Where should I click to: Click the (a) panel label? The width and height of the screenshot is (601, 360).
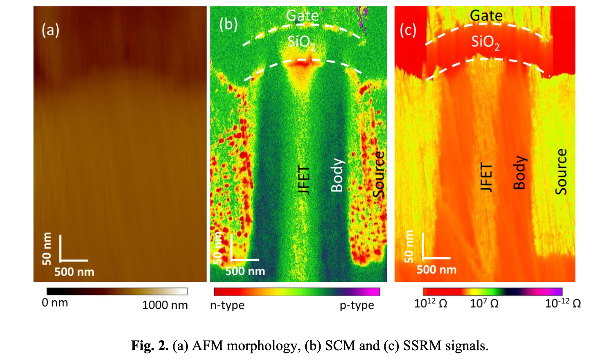click(50, 30)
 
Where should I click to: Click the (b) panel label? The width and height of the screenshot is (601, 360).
click(228, 25)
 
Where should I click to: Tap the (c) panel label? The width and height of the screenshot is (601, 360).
click(408, 30)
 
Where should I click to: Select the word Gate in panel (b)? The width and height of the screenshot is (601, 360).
click(302, 16)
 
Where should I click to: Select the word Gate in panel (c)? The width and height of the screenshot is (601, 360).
click(486, 16)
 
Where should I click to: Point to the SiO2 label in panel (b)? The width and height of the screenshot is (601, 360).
click(301, 42)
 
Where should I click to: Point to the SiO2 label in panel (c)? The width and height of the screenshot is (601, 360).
click(485, 42)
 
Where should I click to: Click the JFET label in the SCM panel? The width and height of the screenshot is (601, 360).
click(303, 179)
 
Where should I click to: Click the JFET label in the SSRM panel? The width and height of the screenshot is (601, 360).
click(486, 177)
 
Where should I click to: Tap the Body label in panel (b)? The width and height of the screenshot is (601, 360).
click(337, 175)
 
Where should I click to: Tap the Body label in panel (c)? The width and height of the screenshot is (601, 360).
click(520, 172)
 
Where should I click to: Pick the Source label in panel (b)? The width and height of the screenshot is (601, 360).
click(380, 174)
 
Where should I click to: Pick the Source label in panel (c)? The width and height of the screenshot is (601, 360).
click(561, 171)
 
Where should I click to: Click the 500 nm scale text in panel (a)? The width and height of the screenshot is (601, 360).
click(74, 272)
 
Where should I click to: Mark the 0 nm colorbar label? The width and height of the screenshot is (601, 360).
click(55, 303)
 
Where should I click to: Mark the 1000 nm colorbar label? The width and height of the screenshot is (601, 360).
click(165, 305)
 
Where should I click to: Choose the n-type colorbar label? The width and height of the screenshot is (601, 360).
click(227, 305)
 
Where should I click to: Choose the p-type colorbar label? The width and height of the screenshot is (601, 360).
click(357, 305)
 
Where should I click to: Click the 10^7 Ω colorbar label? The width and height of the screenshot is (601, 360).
click(484, 304)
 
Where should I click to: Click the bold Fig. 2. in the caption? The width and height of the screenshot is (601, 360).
click(150, 346)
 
